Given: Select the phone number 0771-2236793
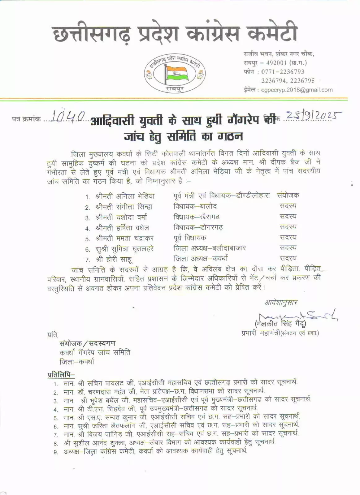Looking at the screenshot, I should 283,72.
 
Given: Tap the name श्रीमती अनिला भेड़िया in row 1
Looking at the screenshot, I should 125,196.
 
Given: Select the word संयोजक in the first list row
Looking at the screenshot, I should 288,195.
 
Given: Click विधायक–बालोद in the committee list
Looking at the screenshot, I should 195,206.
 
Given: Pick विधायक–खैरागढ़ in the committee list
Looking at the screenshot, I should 197,217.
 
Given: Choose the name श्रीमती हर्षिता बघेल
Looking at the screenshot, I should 122,228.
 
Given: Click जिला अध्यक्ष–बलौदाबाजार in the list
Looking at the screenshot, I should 210,248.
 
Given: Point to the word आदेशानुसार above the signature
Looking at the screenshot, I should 281,303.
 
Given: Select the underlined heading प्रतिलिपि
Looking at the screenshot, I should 61,374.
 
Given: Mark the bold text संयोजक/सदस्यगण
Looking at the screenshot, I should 88,343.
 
